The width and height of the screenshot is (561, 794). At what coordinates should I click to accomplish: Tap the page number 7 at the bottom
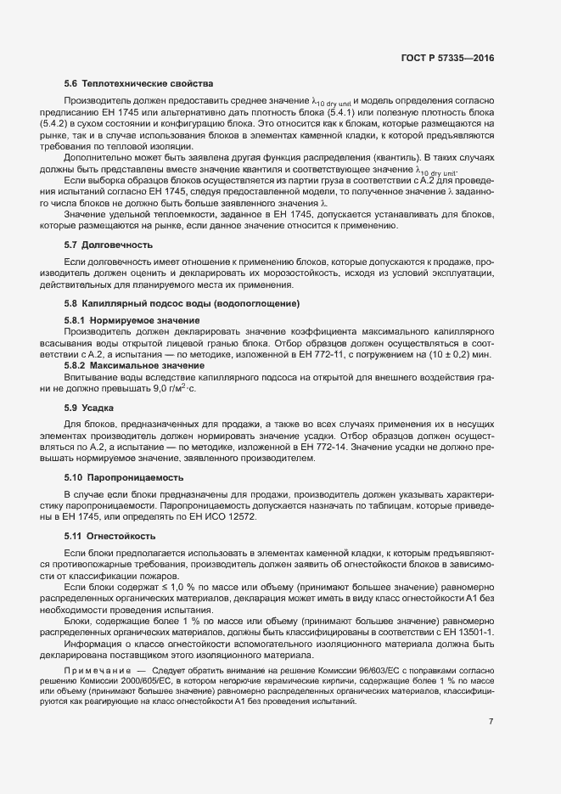tap(491, 722)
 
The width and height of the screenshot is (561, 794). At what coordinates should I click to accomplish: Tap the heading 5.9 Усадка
tap(90, 408)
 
